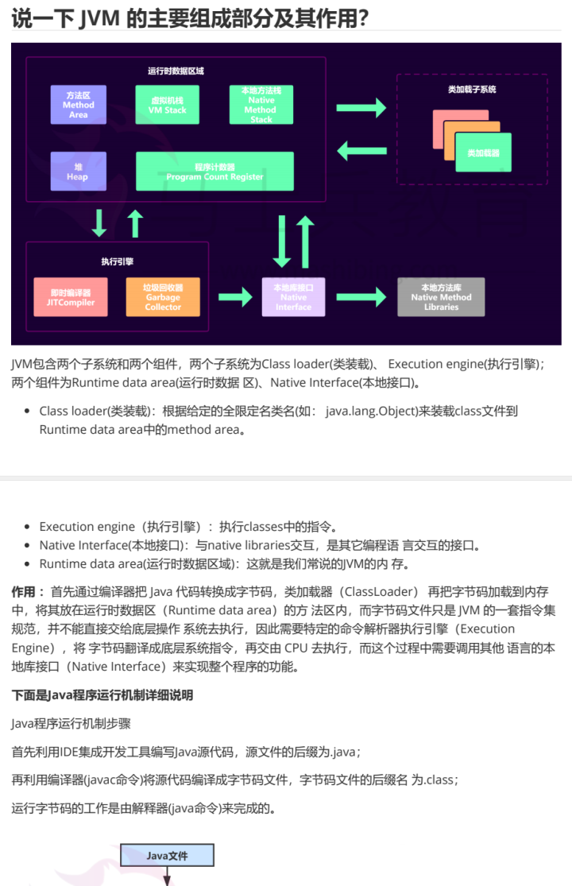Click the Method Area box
79,105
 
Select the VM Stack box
168,105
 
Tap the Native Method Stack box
261,105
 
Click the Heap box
78,172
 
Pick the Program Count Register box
215,172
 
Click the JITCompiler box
71,297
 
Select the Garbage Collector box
163,297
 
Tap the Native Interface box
293,297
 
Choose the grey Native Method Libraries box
441,297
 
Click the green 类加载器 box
483,152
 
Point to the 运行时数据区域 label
176,71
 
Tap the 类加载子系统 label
472,90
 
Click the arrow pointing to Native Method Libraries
362,297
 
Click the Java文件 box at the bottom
167,856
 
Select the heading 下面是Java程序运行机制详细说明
102,695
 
